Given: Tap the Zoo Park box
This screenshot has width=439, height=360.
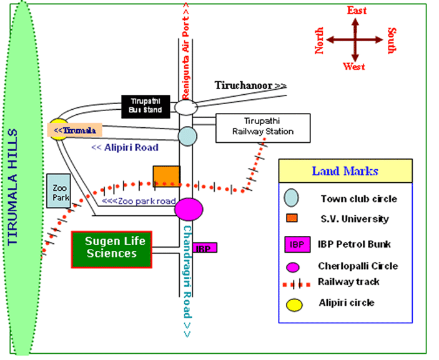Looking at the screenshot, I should point(59,191).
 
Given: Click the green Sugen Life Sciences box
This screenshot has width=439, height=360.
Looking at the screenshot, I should point(112,249).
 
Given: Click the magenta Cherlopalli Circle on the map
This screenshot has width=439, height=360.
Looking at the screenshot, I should point(189,209).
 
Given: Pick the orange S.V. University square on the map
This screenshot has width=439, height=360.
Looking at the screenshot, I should point(167,176).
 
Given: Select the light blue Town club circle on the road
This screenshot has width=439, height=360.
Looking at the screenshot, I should point(187,135).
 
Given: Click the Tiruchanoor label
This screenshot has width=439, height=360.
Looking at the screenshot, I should point(250,85).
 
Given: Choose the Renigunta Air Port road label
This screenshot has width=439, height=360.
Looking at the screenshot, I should point(185,50).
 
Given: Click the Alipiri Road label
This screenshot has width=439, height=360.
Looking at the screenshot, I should point(124,148).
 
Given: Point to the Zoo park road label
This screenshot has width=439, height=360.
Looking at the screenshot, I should point(139,201).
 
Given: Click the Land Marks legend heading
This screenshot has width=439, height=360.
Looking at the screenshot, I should point(345,171).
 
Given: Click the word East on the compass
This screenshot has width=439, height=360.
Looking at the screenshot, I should point(357,11).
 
